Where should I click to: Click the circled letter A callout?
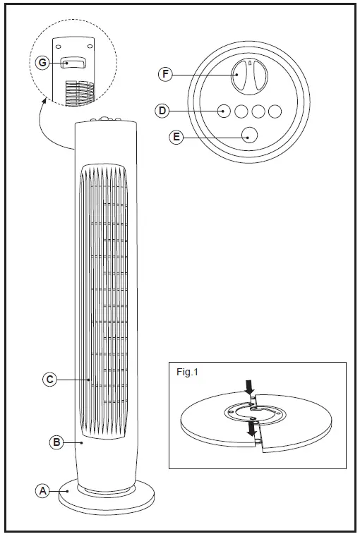click(42, 490)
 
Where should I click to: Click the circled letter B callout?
click(56, 443)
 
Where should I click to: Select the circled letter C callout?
click(49, 380)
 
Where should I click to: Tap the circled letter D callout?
click(162, 111)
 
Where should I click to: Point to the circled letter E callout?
click(176, 137)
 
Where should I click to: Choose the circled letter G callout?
click(43, 63)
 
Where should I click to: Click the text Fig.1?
click(187, 373)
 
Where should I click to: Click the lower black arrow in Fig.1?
click(251, 429)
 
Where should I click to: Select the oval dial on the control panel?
click(248, 75)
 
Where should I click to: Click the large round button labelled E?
click(248, 135)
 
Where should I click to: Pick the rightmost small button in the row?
click(275, 111)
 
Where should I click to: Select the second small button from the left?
click(241, 111)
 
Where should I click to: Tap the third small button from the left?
click(258, 111)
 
